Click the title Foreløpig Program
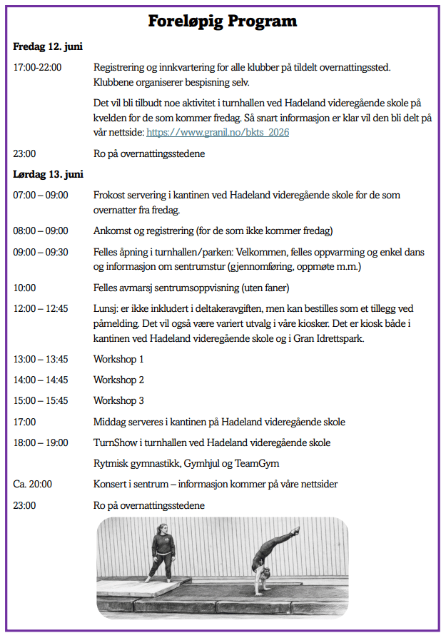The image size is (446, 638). coord(223,21)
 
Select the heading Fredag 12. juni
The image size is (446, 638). coord(48,46)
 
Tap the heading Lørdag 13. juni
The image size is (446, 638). coord(49,174)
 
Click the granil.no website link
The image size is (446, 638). coord(218,132)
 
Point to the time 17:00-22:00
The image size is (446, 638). coord(37,68)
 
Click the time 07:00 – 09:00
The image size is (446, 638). coord(41,195)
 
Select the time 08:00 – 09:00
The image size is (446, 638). coord(41,231)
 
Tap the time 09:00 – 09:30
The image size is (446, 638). coord(41,252)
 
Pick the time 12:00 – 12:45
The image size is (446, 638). coord(41,309)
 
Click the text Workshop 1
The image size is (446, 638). coord(118,359)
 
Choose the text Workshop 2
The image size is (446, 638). coord(118,380)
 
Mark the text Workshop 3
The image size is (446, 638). coord(118,400)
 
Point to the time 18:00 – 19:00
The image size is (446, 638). coord(41,442)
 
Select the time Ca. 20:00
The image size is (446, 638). coord(33,485)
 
